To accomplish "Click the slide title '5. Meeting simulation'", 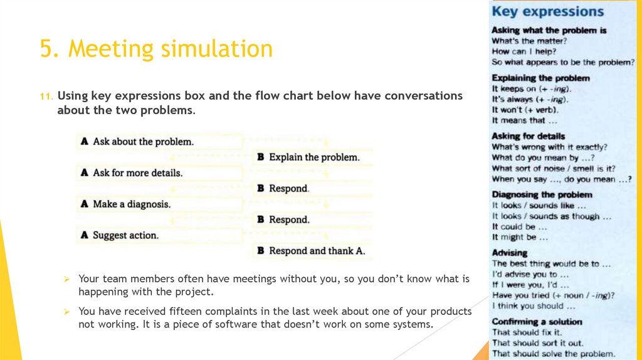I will pos(156,48).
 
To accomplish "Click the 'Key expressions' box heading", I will pos(547,11).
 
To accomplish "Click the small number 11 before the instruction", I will pos(45,97).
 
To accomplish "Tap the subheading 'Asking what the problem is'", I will pos(549,30).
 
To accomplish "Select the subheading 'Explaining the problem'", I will pos(540,78).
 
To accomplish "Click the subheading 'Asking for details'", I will pos(528,136).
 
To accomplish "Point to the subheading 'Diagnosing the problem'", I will pos(542,194).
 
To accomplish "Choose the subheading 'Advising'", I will pos(509,252).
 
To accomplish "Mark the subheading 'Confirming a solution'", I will pos(537,322).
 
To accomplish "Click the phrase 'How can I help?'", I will pos(524,51).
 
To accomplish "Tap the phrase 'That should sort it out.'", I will pos(537,343).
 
